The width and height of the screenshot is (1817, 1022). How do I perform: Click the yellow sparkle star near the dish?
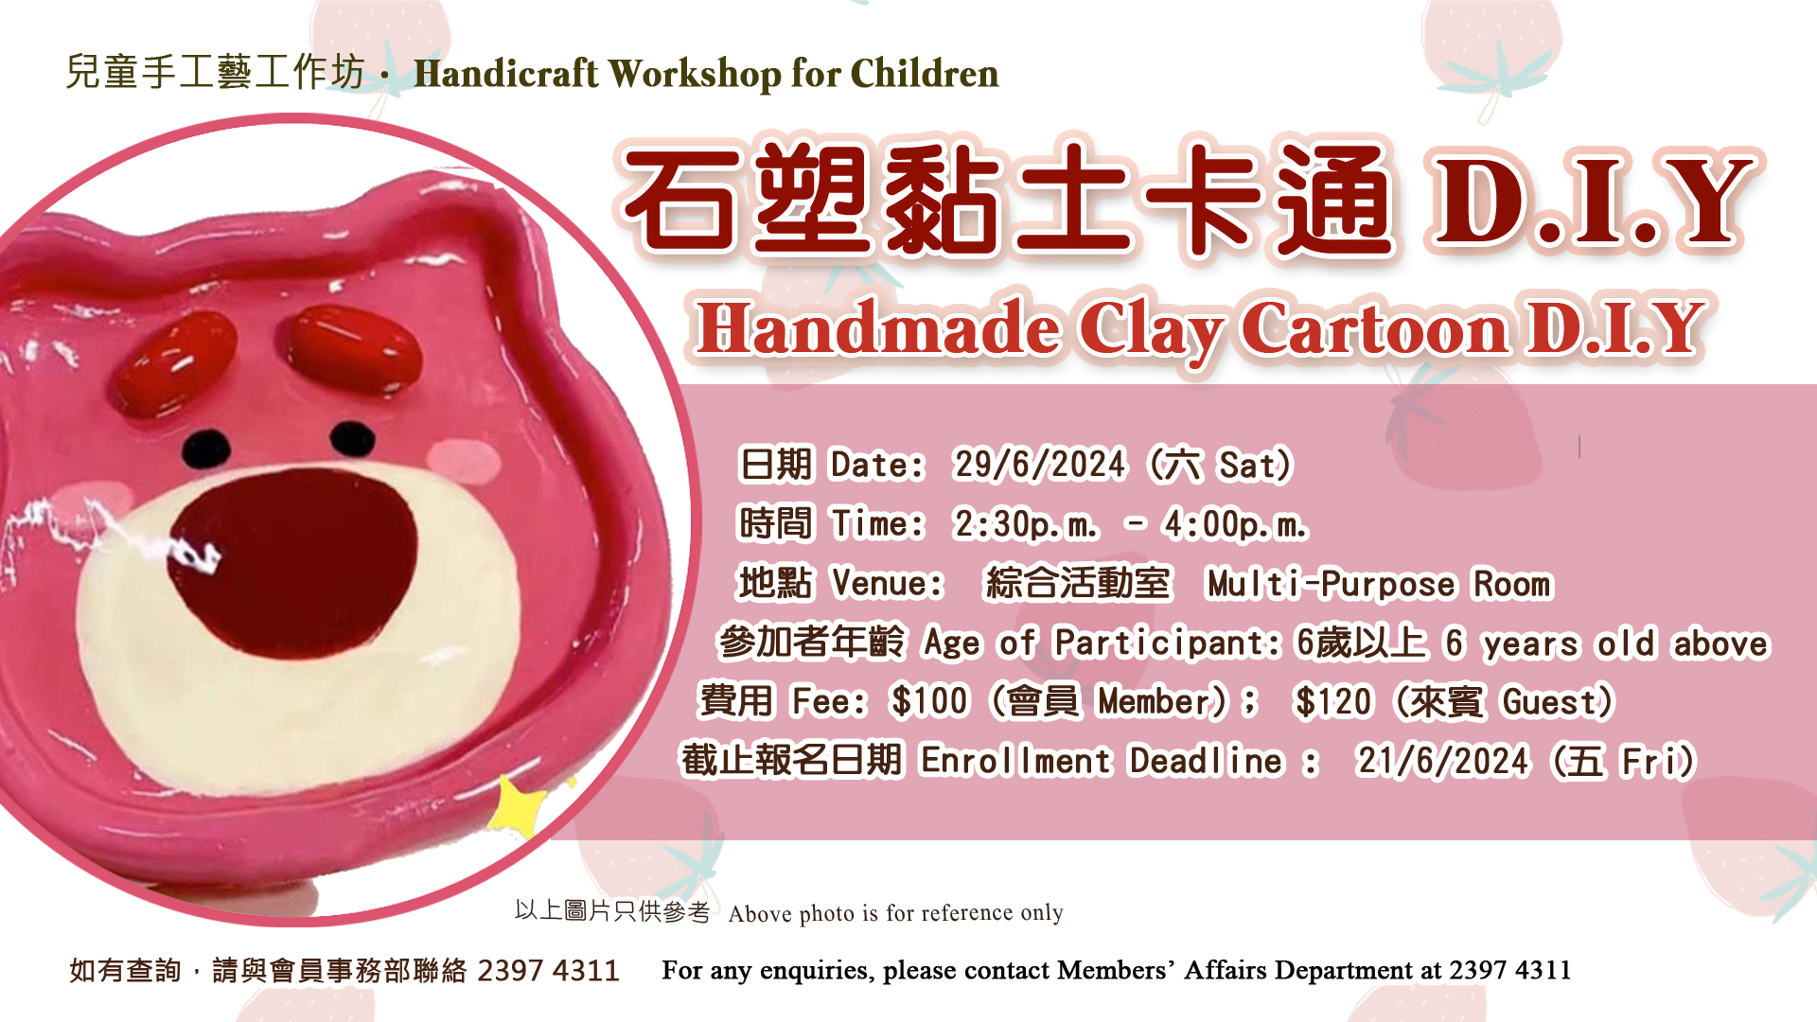pyautogui.click(x=518, y=806)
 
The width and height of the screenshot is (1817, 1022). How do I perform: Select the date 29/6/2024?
pyautogui.click(x=1039, y=465)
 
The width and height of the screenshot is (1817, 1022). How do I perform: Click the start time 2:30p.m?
pyautogui.click(x=1026, y=524)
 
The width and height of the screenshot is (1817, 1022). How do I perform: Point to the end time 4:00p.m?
pyautogui.click(x=1234, y=524)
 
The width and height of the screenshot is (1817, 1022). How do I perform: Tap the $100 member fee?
pyautogui.click(x=929, y=702)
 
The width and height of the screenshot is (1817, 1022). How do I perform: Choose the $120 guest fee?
pyautogui.click(x=1332, y=702)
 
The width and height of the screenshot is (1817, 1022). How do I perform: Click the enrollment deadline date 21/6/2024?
pyautogui.click(x=1441, y=761)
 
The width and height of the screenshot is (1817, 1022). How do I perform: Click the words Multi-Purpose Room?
pyautogui.click(x=1379, y=584)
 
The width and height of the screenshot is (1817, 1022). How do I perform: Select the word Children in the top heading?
pyautogui.click(x=925, y=74)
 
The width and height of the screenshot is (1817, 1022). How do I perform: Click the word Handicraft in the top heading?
pyautogui.click(x=506, y=74)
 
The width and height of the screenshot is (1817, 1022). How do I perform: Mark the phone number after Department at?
pyautogui.click(x=1509, y=970)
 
